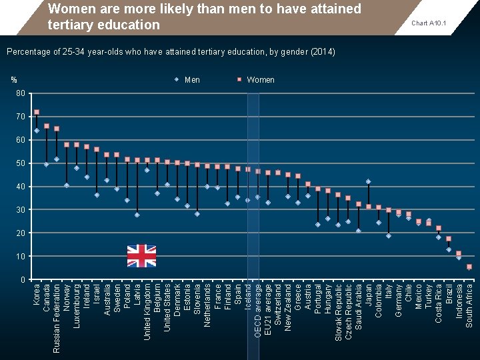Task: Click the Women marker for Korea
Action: (x=37, y=112)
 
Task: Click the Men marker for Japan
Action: (x=368, y=181)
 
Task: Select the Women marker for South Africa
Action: (x=469, y=267)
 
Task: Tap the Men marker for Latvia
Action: (x=137, y=215)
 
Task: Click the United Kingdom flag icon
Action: (x=141, y=255)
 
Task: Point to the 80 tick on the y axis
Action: (x=21, y=93)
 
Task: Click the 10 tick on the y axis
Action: (x=21, y=257)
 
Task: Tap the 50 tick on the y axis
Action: (x=21, y=163)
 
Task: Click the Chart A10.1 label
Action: (x=429, y=23)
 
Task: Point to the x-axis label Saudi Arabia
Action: (x=359, y=307)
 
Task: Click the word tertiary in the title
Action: (x=71, y=25)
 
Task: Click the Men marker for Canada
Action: (x=47, y=164)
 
